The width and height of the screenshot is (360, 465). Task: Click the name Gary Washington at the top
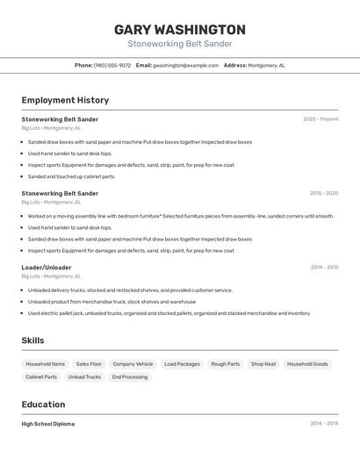[180, 30]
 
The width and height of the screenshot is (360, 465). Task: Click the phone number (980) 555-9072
[112, 65]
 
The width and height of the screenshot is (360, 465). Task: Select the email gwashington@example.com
[185, 65]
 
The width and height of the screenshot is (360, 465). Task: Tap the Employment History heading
[65, 100]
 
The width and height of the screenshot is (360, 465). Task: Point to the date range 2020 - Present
[320, 119]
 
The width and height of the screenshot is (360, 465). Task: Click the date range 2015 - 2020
[324, 193]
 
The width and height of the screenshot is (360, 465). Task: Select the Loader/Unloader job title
[47, 268]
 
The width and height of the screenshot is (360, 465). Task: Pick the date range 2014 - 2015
[324, 268]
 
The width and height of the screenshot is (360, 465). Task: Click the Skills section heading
[33, 340]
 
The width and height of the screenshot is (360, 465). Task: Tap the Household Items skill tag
[46, 364]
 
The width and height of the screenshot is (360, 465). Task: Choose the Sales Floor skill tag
[89, 364]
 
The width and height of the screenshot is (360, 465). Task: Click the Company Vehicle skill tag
[133, 364]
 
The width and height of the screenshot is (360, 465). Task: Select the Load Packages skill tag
[182, 364]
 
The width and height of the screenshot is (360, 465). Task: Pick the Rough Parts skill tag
[226, 364]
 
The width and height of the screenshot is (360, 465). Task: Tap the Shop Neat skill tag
[263, 364]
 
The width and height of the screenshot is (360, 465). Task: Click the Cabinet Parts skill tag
[41, 377]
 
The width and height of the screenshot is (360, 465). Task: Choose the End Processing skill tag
[129, 377]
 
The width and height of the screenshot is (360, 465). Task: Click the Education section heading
[43, 404]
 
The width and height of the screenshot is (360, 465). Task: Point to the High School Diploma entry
[48, 424]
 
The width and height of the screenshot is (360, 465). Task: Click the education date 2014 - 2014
[324, 424]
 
